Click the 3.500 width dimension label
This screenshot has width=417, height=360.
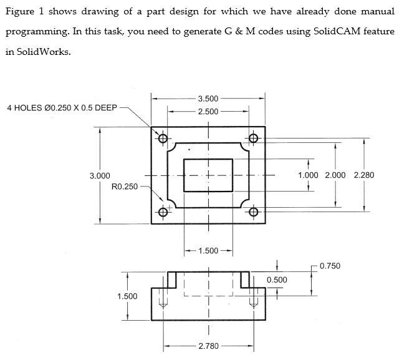pos(208,99)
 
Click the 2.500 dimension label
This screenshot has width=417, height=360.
pos(208,111)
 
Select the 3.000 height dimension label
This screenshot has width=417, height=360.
pos(100,176)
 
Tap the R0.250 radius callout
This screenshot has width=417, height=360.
pos(125,187)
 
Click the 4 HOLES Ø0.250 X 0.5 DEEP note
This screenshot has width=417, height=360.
pos(62,108)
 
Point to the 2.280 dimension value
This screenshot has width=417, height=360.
pos(363,175)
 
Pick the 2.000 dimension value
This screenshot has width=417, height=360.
pos(335,175)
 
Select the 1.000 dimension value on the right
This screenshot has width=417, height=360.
pos(309,175)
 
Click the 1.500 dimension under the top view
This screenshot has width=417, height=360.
pos(208,251)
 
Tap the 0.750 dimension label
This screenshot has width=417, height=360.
pos(330,266)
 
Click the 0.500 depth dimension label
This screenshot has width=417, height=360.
pos(277,280)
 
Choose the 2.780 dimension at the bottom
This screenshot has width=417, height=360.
pos(208,346)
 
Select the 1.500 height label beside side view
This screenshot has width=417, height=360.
pos(127,296)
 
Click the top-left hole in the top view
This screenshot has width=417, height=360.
pos(163,138)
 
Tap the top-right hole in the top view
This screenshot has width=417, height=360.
pos(253,138)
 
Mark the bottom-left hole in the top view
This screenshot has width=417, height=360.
pos(163,212)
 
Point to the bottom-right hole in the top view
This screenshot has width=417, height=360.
pos(253,212)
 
